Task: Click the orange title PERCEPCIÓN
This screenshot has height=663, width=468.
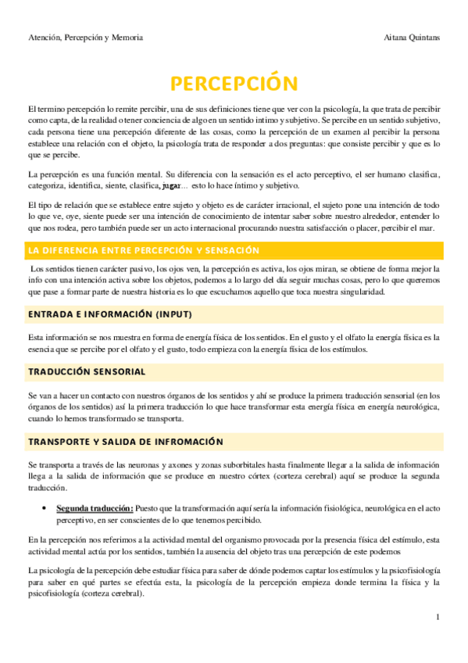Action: tap(234, 82)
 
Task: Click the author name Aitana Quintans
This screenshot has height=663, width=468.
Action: tap(413, 38)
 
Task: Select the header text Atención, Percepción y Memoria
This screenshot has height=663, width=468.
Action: tap(85, 38)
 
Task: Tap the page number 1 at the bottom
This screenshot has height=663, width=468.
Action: tap(438, 618)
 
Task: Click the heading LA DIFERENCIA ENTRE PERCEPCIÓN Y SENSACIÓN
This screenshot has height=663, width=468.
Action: tap(143, 250)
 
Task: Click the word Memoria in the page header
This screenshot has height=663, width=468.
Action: tap(127, 38)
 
